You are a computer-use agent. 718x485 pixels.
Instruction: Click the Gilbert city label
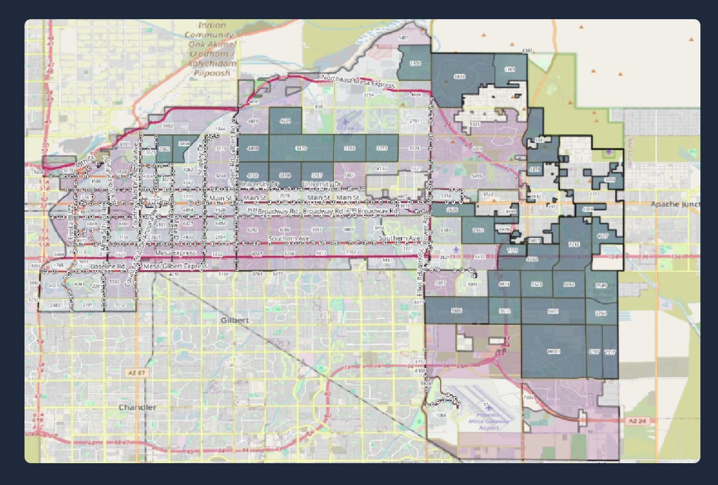235,320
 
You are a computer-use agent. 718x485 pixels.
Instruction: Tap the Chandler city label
137,408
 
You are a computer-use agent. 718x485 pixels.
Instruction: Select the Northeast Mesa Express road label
358,82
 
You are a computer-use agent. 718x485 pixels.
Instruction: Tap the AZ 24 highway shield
637,422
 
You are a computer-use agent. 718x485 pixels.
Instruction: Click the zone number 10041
554,352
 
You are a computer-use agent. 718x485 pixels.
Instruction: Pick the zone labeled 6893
459,77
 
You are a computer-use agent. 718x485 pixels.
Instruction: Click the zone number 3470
301,148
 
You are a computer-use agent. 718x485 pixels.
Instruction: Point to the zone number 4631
285,121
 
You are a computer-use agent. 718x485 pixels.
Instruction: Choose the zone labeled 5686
456,311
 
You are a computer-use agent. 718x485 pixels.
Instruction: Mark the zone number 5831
553,311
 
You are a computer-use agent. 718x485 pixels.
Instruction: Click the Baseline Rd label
108,266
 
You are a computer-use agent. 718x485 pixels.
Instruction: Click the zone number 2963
478,231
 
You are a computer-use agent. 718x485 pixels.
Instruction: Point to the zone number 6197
594,352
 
